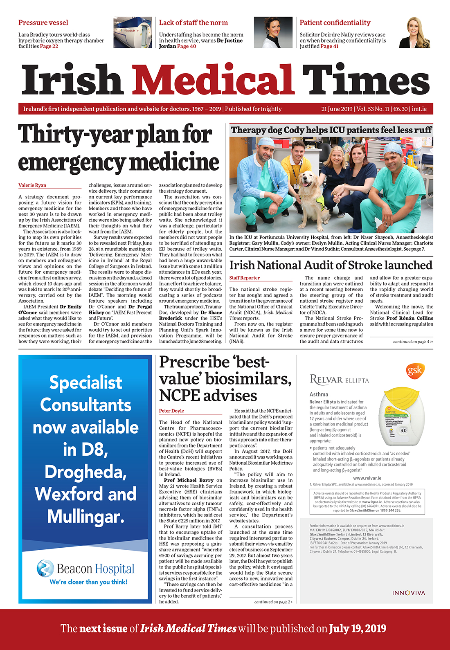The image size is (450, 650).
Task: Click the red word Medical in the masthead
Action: [x=213, y=80]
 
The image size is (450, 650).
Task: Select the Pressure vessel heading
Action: [x=43, y=23]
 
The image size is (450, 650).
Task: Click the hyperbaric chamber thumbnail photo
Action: [x=132, y=33]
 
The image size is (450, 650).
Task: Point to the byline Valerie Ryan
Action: [x=32, y=185]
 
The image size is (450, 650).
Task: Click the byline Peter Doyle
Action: [x=171, y=411]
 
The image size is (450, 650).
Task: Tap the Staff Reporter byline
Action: [x=244, y=278]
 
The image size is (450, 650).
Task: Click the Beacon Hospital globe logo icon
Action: [x=45, y=569]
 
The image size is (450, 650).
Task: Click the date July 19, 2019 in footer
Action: [x=357, y=628]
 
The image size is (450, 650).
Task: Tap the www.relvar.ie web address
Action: [x=367, y=478]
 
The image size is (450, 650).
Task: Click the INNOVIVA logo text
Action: [x=408, y=593]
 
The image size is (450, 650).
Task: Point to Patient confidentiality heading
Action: [x=335, y=23]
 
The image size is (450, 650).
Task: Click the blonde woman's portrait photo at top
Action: [x=415, y=33]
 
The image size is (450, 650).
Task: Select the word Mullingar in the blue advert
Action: [x=85, y=516]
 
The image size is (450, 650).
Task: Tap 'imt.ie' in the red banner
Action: [x=419, y=109]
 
